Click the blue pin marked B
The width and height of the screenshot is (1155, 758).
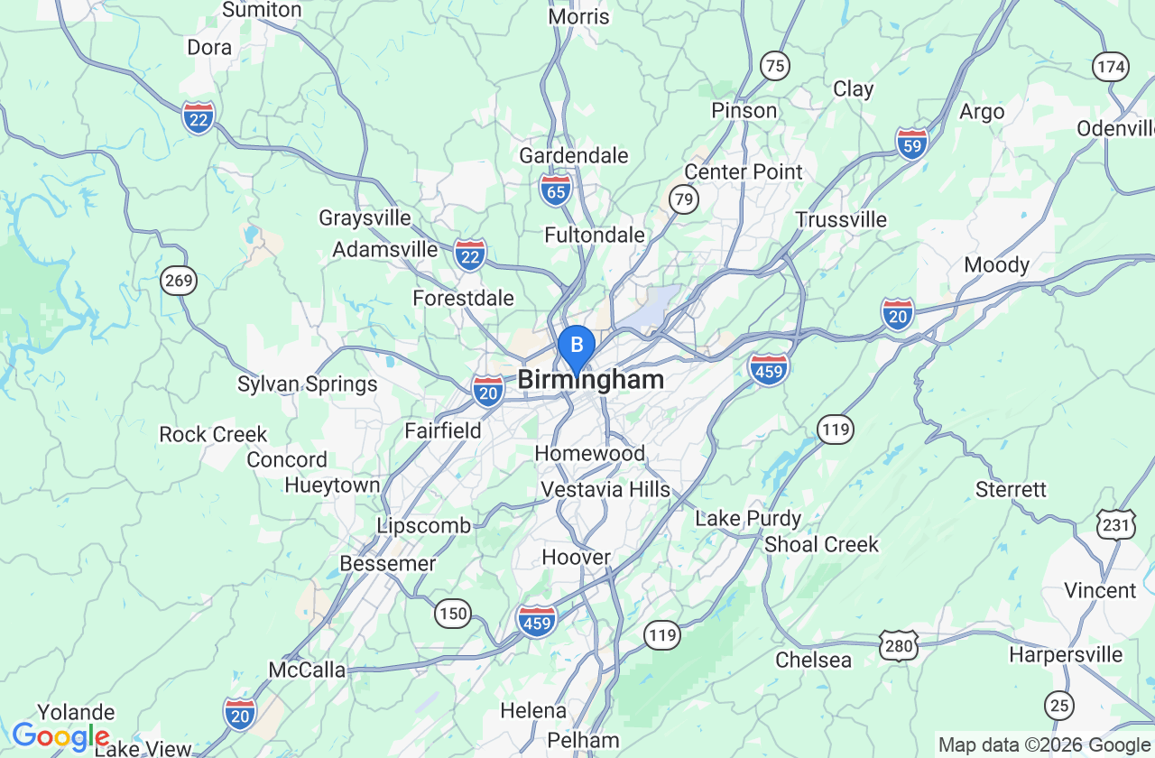pyautogui.click(x=577, y=346)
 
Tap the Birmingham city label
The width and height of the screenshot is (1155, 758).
pyautogui.click(x=591, y=380)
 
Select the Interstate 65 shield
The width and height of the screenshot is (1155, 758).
pyautogui.click(x=556, y=189)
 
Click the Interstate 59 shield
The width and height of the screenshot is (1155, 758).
pyautogui.click(x=912, y=143)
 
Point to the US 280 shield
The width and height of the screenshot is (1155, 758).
pyautogui.click(x=900, y=644)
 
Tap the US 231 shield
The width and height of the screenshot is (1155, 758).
pyautogui.click(x=1116, y=523)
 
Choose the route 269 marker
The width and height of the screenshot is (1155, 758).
pyautogui.click(x=179, y=281)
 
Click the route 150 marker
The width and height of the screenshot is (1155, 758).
pyautogui.click(x=453, y=614)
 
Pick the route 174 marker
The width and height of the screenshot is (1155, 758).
pyautogui.click(x=1111, y=66)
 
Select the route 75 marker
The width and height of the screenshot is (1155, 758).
pyautogui.click(x=774, y=65)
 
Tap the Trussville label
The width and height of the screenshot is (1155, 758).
pyautogui.click(x=841, y=219)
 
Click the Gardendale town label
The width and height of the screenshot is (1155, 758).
pyautogui.click(x=574, y=155)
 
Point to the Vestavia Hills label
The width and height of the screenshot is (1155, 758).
pyautogui.click(x=605, y=489)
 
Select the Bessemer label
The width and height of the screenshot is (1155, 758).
pyautogui.click(x=388, y=564)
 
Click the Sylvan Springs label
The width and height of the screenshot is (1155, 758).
pyautogui.click(x=308, y=384)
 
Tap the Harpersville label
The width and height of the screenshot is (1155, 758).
pyautogui.click(x=1066, y=654)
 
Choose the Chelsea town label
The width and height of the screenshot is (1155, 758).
pyautogui.click(x=814, y=660)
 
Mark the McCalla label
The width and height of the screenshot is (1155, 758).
pyautogui.click(x=308, y=670)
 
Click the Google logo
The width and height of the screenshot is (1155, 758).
pyautogui.click(x=60, y=736)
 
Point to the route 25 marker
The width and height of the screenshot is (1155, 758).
pyautogui.click(x=1059, y=704)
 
